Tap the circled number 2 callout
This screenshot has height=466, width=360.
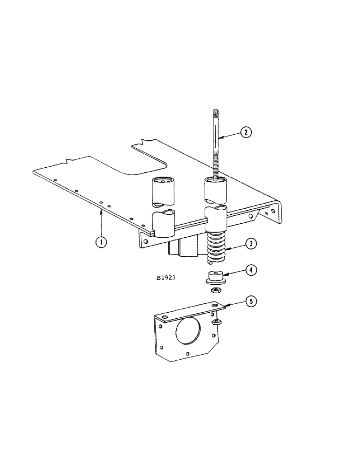pyautogui.click(x=247, y=132)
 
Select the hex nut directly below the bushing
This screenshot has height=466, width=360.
pyautogui.click(x=216, y=290)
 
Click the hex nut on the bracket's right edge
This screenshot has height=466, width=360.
pyautogui.click(x=216, y=322)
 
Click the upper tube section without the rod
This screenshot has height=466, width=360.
pyautogui.click(x=163, y=189)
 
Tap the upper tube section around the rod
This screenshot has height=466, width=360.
pyautogui.click(x=215, y=190)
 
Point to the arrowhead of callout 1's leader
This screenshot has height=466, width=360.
pyautogui.click(x=102, y=212)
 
